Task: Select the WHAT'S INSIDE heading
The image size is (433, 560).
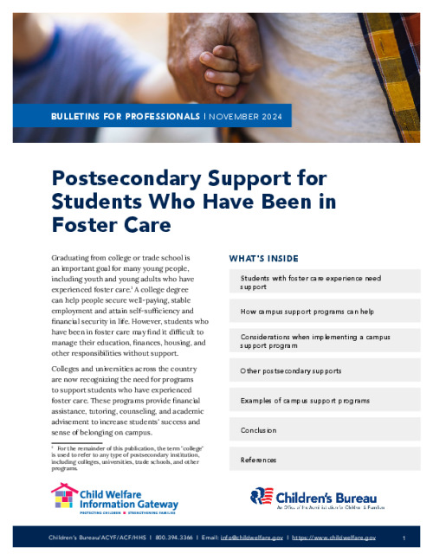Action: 263,258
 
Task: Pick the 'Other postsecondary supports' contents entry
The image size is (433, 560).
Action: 291,370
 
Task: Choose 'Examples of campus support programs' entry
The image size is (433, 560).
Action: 305,401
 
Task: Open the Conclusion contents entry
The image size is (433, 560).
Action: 259,430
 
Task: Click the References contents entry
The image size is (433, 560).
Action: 259,460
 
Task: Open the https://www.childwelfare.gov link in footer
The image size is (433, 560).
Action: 333,537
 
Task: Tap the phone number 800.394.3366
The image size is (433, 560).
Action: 175,537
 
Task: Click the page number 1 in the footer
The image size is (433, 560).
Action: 404,537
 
